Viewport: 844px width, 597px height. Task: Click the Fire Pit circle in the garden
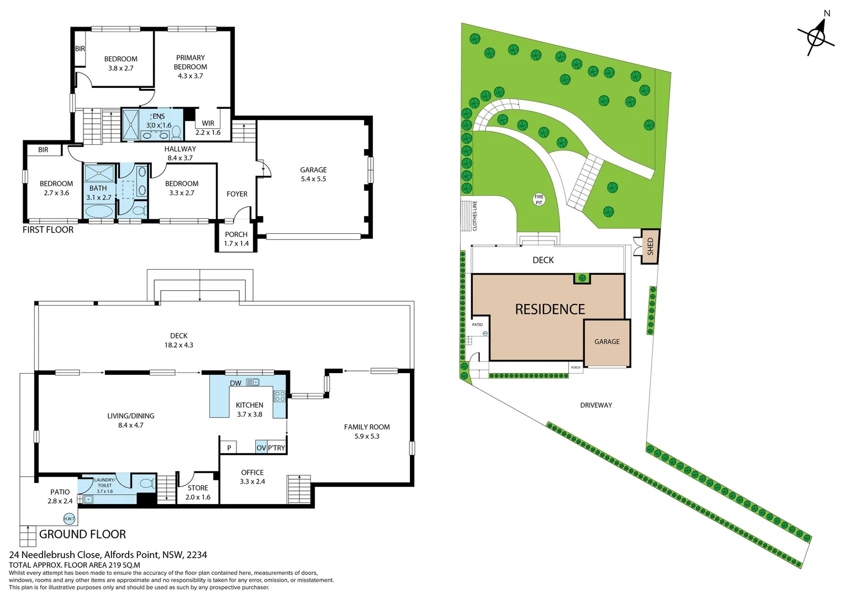coord(539,200)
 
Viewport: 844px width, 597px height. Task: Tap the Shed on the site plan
coord(650,247)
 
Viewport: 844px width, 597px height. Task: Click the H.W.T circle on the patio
coord(69,519)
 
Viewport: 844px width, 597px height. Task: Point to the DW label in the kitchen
coord(236,383)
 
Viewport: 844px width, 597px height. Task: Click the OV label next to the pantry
coord(261,448)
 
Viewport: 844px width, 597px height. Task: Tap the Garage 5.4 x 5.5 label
coord(313,175)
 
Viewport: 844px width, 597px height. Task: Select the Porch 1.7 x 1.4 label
coord(236,239)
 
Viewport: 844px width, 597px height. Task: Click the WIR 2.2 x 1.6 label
coord(208,128)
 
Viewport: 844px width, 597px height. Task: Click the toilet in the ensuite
coord(177,132)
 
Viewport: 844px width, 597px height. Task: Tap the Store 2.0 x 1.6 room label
coord(198,493)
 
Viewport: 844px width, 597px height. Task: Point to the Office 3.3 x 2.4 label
coord(252,477)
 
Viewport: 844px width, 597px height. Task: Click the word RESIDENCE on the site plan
coord(550,310)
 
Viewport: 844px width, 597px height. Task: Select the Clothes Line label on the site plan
coord(474,216)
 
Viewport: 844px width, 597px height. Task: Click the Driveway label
coord(596,405)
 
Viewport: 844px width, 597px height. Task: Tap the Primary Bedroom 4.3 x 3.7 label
coord(191,67)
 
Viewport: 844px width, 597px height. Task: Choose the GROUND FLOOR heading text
coord(83,535)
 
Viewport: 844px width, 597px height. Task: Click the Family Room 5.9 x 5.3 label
coord(367,432)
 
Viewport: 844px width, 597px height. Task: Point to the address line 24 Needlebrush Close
coord(108,554)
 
